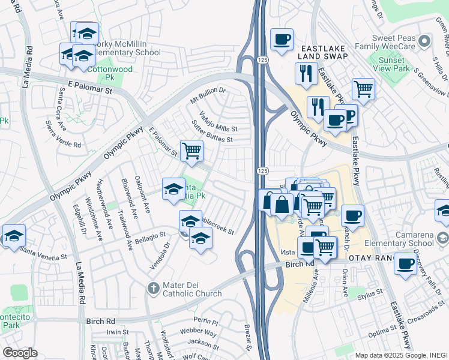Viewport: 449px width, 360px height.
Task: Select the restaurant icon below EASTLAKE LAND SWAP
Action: click(306, 73)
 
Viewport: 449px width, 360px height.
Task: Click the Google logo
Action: click(20, 353)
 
